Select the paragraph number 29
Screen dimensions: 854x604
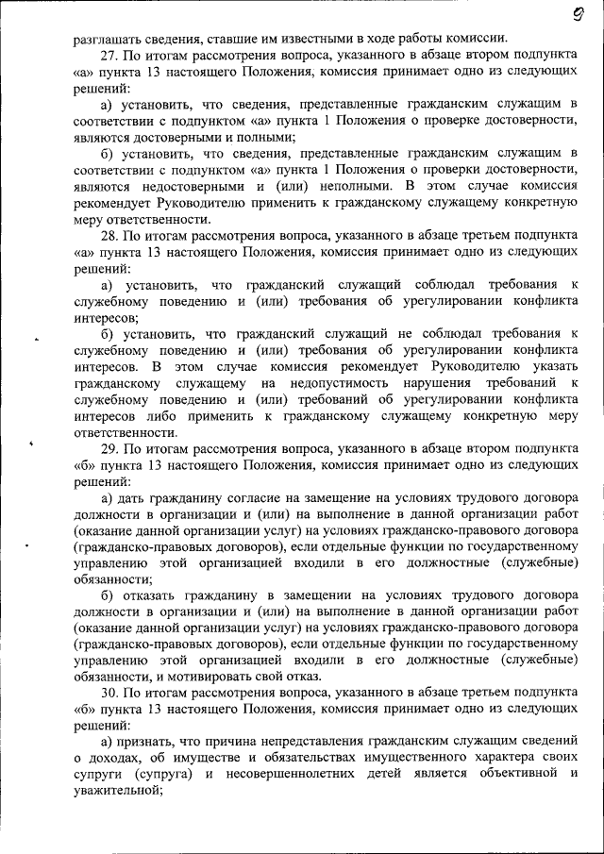pos(109,449)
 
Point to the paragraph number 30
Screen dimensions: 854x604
pos(109,693)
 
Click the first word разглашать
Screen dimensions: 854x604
pos(108,39)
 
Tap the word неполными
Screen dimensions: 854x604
pos(323,187)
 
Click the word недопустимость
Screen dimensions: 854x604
pos(338,383)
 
